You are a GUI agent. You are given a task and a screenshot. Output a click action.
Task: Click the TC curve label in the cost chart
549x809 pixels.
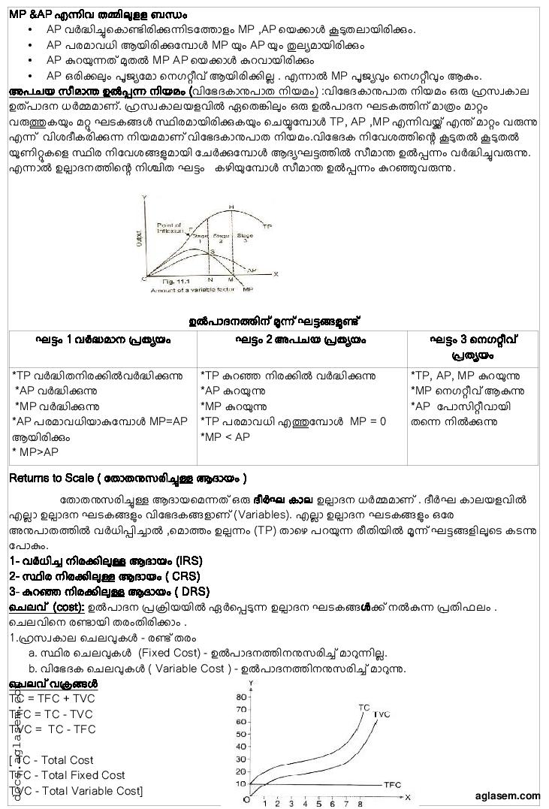tap(363, 708)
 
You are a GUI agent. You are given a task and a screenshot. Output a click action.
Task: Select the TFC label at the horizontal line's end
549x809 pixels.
tap(393, 784)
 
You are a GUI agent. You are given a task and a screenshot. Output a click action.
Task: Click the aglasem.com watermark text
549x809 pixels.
tap(507, 795)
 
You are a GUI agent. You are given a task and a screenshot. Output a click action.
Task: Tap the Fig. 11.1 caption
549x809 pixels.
tap(167, 279)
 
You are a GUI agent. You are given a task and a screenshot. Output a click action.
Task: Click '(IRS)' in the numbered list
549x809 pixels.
tap(188, 561)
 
